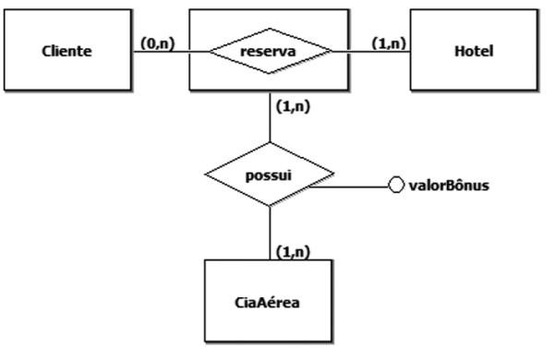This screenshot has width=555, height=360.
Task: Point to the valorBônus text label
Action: [449, 186]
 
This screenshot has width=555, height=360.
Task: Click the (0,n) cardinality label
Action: [158, 43]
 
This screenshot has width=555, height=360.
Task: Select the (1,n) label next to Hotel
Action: [389, 43]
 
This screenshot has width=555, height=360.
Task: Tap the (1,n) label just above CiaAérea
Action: [293, 252]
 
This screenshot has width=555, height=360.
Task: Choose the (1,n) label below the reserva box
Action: [293, 106]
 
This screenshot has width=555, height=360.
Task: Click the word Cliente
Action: [66, 52]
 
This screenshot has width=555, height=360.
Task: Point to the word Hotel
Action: [474, 52]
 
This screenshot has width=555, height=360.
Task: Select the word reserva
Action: [268, 52]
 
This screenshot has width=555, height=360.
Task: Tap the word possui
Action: [269, 175]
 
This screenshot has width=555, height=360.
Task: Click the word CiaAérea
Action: [267, 303]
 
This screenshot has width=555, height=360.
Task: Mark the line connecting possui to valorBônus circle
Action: [349, 186]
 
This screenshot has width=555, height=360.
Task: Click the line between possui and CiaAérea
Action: [270, 233]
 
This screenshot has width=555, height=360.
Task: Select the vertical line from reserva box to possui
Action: [270, 116]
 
